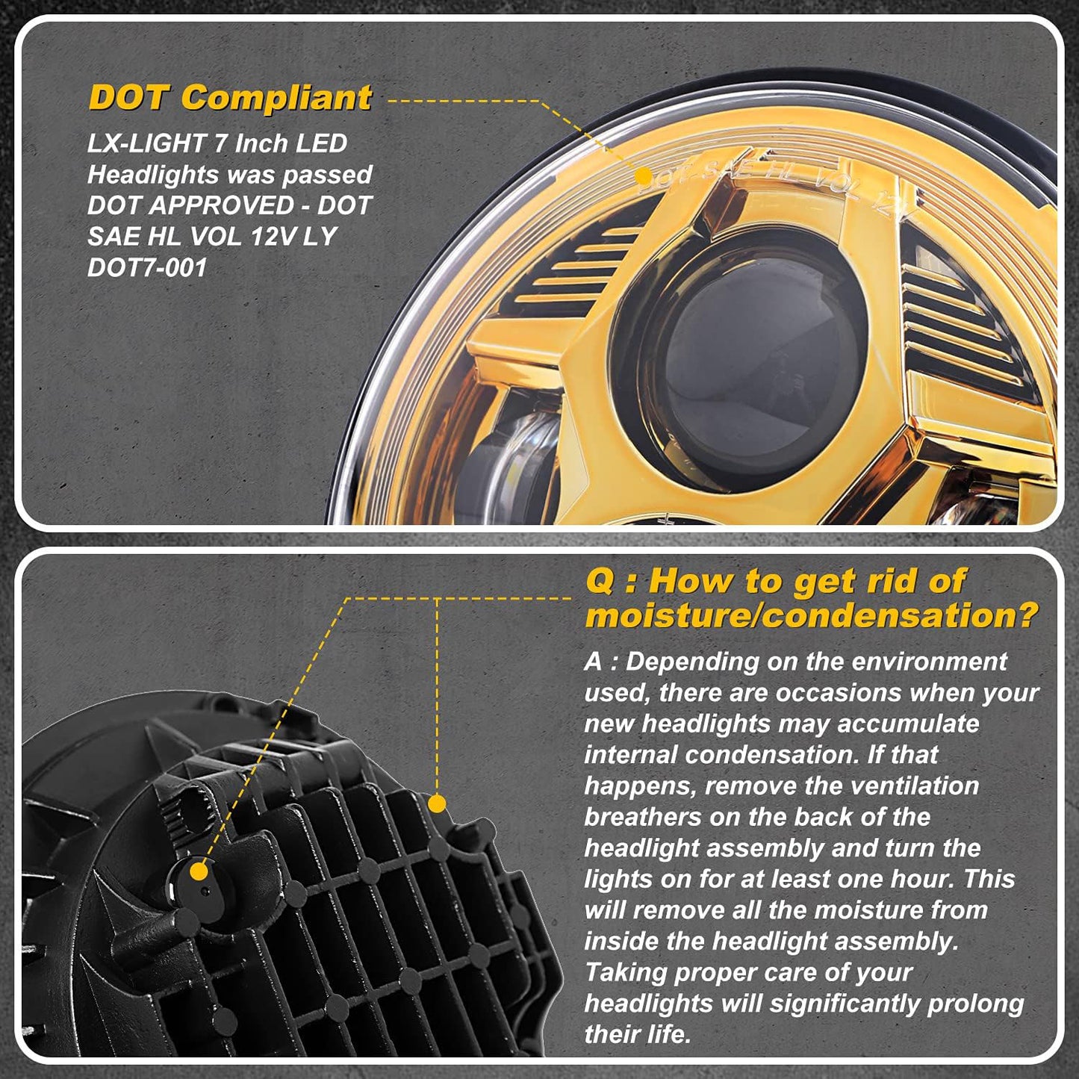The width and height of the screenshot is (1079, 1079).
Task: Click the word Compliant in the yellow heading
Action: click(276, 97)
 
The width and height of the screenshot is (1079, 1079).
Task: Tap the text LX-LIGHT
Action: click(146, 143)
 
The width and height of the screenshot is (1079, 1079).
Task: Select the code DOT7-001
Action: click(147, 267)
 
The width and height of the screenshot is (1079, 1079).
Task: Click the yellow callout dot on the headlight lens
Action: click(644, 176)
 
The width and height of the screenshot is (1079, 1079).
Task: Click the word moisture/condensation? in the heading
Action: click(812, 616)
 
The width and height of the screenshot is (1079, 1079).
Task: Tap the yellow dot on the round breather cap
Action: click(199, 871)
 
